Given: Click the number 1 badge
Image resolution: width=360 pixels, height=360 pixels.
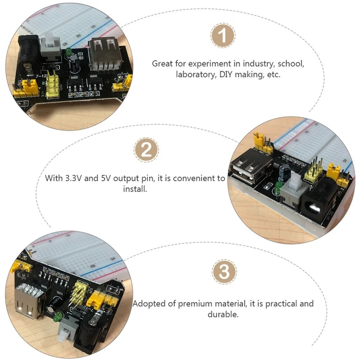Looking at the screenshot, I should [224, 37].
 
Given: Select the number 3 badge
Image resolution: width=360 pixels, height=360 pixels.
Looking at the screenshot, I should [224, 272].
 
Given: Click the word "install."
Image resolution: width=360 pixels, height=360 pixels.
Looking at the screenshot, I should [135, 189].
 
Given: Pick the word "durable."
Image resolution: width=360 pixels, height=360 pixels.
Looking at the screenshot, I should [223, 314].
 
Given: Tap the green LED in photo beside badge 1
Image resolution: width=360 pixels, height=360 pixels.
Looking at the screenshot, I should [66, 52].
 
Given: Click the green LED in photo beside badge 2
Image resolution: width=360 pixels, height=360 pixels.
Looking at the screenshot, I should [278, 185].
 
